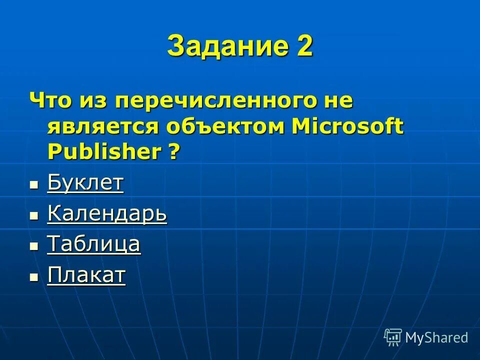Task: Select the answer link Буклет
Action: coord(85,183)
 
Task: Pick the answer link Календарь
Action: coord(107,214)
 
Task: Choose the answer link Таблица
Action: coord(93,244)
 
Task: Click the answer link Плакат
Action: coord(86,275)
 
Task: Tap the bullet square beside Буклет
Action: coord(34,185)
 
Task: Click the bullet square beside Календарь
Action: coord(34,216)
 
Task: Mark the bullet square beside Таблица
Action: coord(34,246)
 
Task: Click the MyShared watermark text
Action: coord(436,337)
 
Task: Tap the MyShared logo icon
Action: coord(393,337)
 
